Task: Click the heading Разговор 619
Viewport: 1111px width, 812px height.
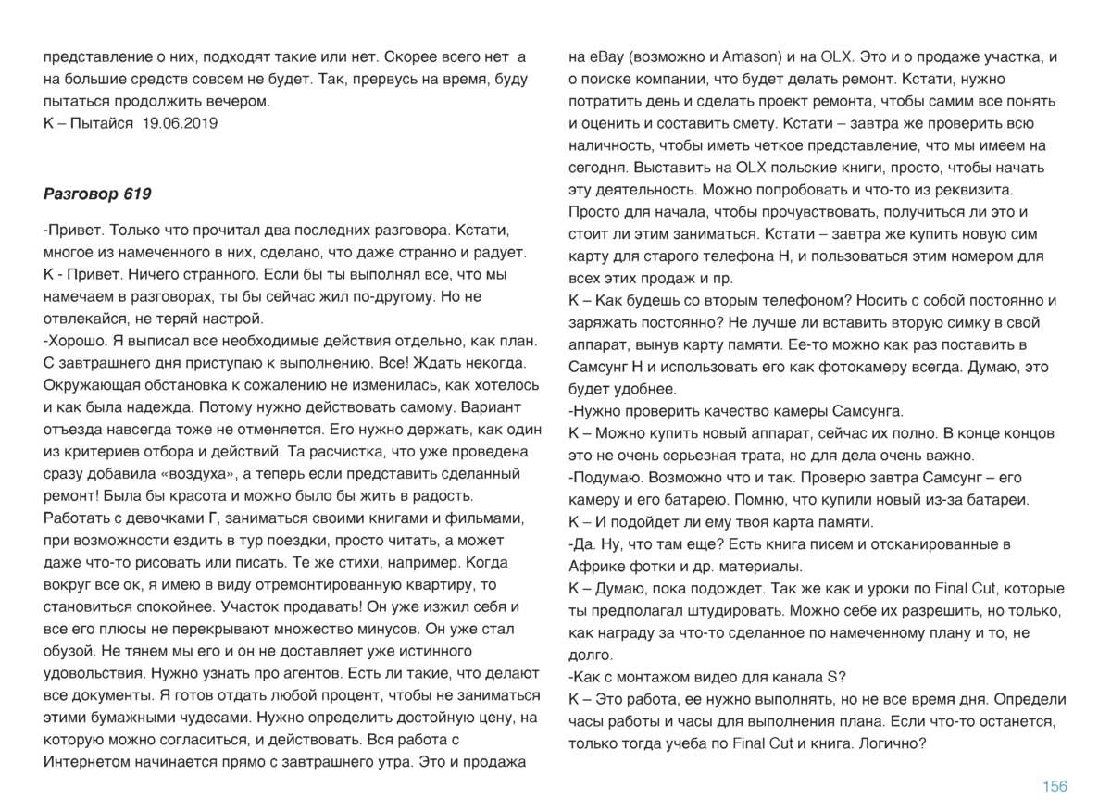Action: pyautogui.click(x=97, y=194)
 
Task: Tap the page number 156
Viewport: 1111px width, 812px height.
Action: pyautogui.click(x=1055, y=786)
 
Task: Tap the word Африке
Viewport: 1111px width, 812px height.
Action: pyautogui.click(x=598, y=567)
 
